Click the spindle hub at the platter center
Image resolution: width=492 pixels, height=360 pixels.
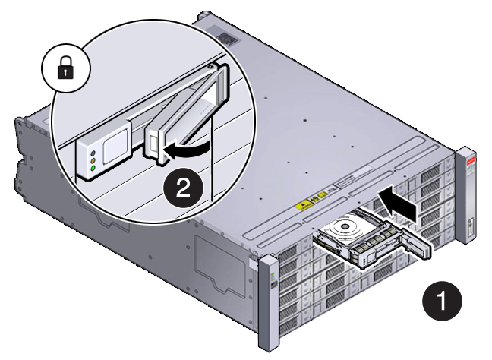346,225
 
